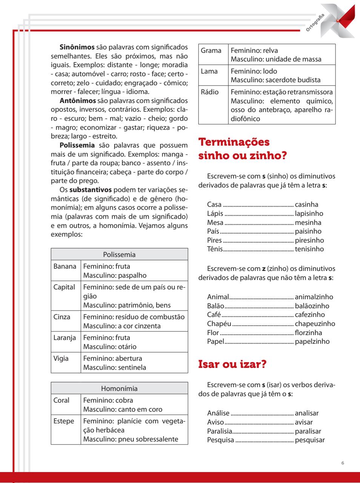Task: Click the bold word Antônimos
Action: click(x=78, y=100)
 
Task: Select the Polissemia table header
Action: click(x=119, y=255)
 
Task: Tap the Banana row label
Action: click(x=65, y=266)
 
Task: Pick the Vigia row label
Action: click(x=61, y=358)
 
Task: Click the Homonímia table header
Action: click(x=119, y=389)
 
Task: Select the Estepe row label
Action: click(x=64, y=421)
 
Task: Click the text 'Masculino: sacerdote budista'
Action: click(x=275, y=80)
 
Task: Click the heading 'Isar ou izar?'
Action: click(x=232, y=365)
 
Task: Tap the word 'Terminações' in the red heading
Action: click(x=234, y=142)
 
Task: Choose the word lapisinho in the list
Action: click(x=309, y=214)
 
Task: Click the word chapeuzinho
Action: click(x=315, y=324)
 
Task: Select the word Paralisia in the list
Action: click(x=220, y=431)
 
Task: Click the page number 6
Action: click(x=342, y=463)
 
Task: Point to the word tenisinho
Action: click(x=309, y=249)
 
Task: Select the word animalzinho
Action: click(x=314, y=297)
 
